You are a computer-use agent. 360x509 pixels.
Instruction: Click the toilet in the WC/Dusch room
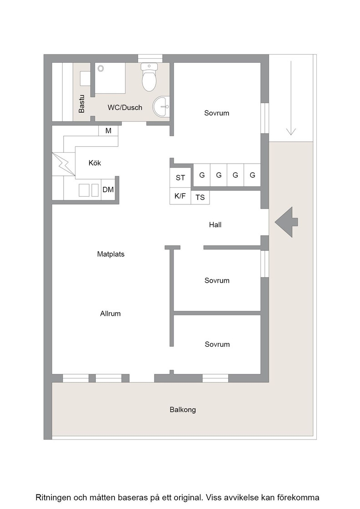pos(149,77)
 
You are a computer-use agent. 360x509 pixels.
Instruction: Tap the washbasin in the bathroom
pos(161,106)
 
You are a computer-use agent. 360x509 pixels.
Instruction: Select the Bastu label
pos(81,104)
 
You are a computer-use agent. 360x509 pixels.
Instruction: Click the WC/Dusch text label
pos(125,107)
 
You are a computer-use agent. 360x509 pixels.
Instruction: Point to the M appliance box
pos(108,131)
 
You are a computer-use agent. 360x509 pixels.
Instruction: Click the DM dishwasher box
pos(108,190)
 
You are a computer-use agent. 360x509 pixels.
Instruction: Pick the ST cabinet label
pos(180,178)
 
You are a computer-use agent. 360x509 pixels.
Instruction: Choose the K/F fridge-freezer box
pos(180,196)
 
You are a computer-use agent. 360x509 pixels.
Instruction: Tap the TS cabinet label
pos(200,197)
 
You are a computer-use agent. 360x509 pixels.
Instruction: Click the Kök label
pos(95,163)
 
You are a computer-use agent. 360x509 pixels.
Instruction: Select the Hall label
pos(215,225)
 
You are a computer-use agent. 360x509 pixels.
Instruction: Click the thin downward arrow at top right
pos(291,98)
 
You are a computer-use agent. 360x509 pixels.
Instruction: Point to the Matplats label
pos(111,254)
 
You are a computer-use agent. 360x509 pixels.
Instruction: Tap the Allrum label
pos(110,314)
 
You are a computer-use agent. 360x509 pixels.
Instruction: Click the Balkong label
pos(183,409)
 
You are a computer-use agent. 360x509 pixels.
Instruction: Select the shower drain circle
pos(100,69)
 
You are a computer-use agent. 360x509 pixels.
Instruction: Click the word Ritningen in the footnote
pos(53,498)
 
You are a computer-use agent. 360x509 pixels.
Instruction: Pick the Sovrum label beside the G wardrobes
pos(216,113)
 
